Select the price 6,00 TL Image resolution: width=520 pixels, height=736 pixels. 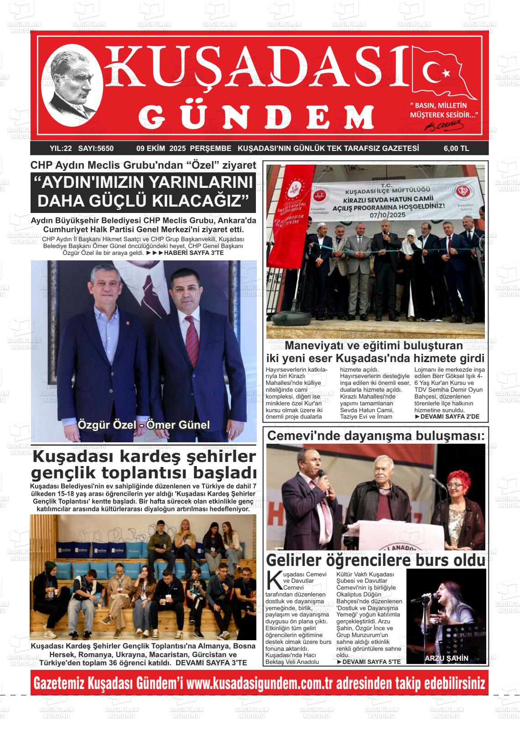coord(456,149)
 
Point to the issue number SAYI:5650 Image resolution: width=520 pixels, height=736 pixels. coord(96,149)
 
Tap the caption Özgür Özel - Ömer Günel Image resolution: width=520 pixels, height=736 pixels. coord(144,425)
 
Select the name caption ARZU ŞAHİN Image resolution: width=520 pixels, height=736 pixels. coord(446,658)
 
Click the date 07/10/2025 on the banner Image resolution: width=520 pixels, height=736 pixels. coord(387,215)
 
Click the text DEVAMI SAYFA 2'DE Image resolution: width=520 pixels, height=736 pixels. coord(447,417)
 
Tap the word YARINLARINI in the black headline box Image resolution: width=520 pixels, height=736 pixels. coord(197,183)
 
